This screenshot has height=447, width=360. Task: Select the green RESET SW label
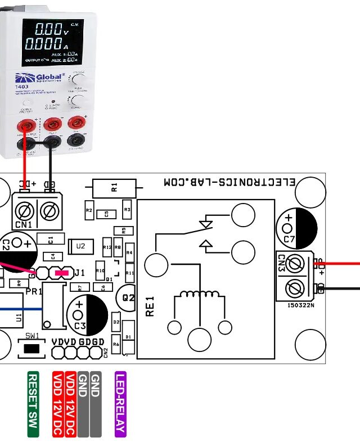[x=33, y=404]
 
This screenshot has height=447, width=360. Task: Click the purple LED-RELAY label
[x=120, y=404]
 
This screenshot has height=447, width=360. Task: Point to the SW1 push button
[x=32, y=349]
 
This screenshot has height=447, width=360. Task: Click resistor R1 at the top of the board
[x=114, y=187]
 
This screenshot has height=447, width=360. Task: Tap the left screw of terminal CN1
[x=24, y=212]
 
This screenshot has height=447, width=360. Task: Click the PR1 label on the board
[x=34, y=292]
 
